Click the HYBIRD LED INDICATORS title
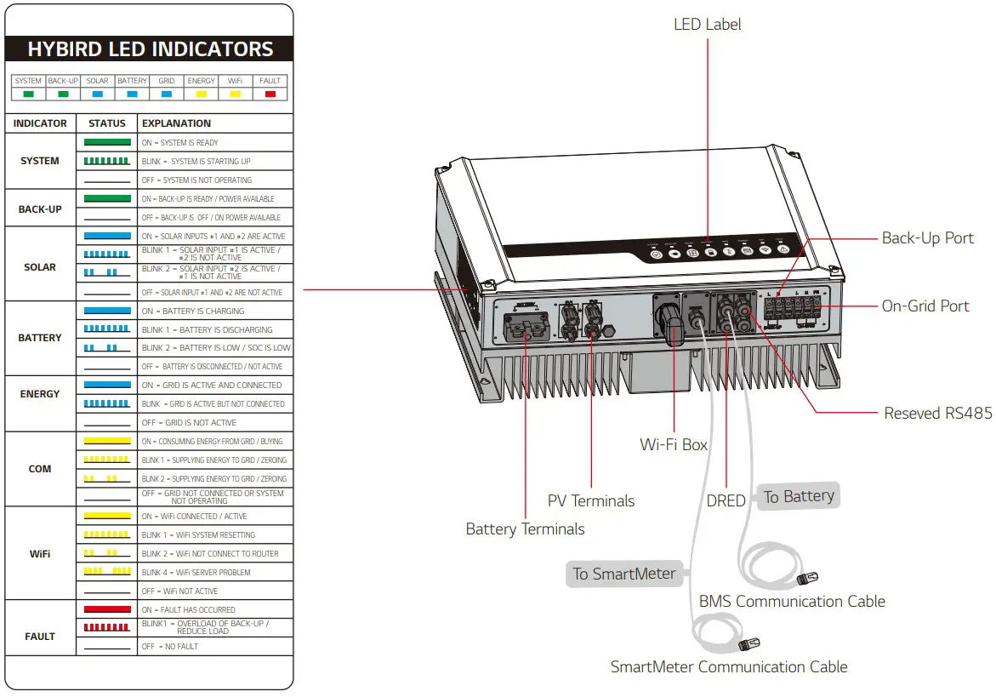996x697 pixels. (x=151, y=49)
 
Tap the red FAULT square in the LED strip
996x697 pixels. (x=270, y=94)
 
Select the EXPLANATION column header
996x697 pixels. (x=176, y=123)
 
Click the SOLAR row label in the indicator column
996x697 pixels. (x=40, y=267)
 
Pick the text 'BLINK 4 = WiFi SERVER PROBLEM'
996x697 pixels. (x=196, y=573)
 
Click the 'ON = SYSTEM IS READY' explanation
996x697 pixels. (x=179, y=143)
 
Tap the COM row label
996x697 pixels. (x=40, y=469)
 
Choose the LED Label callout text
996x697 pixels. (x=707, y=25)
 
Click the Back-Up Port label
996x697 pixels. (x=927, y=238)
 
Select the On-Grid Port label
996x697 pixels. (x=925, y=306)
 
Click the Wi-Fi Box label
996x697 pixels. (x=674, y=444)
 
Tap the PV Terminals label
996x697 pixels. (x=591, y=500)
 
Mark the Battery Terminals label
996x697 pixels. (x=525, y=529)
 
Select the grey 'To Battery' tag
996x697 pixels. (x=798, y=497)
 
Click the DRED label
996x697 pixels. (x=726, y=501)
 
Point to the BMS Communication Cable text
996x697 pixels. (x=792, y=602)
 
